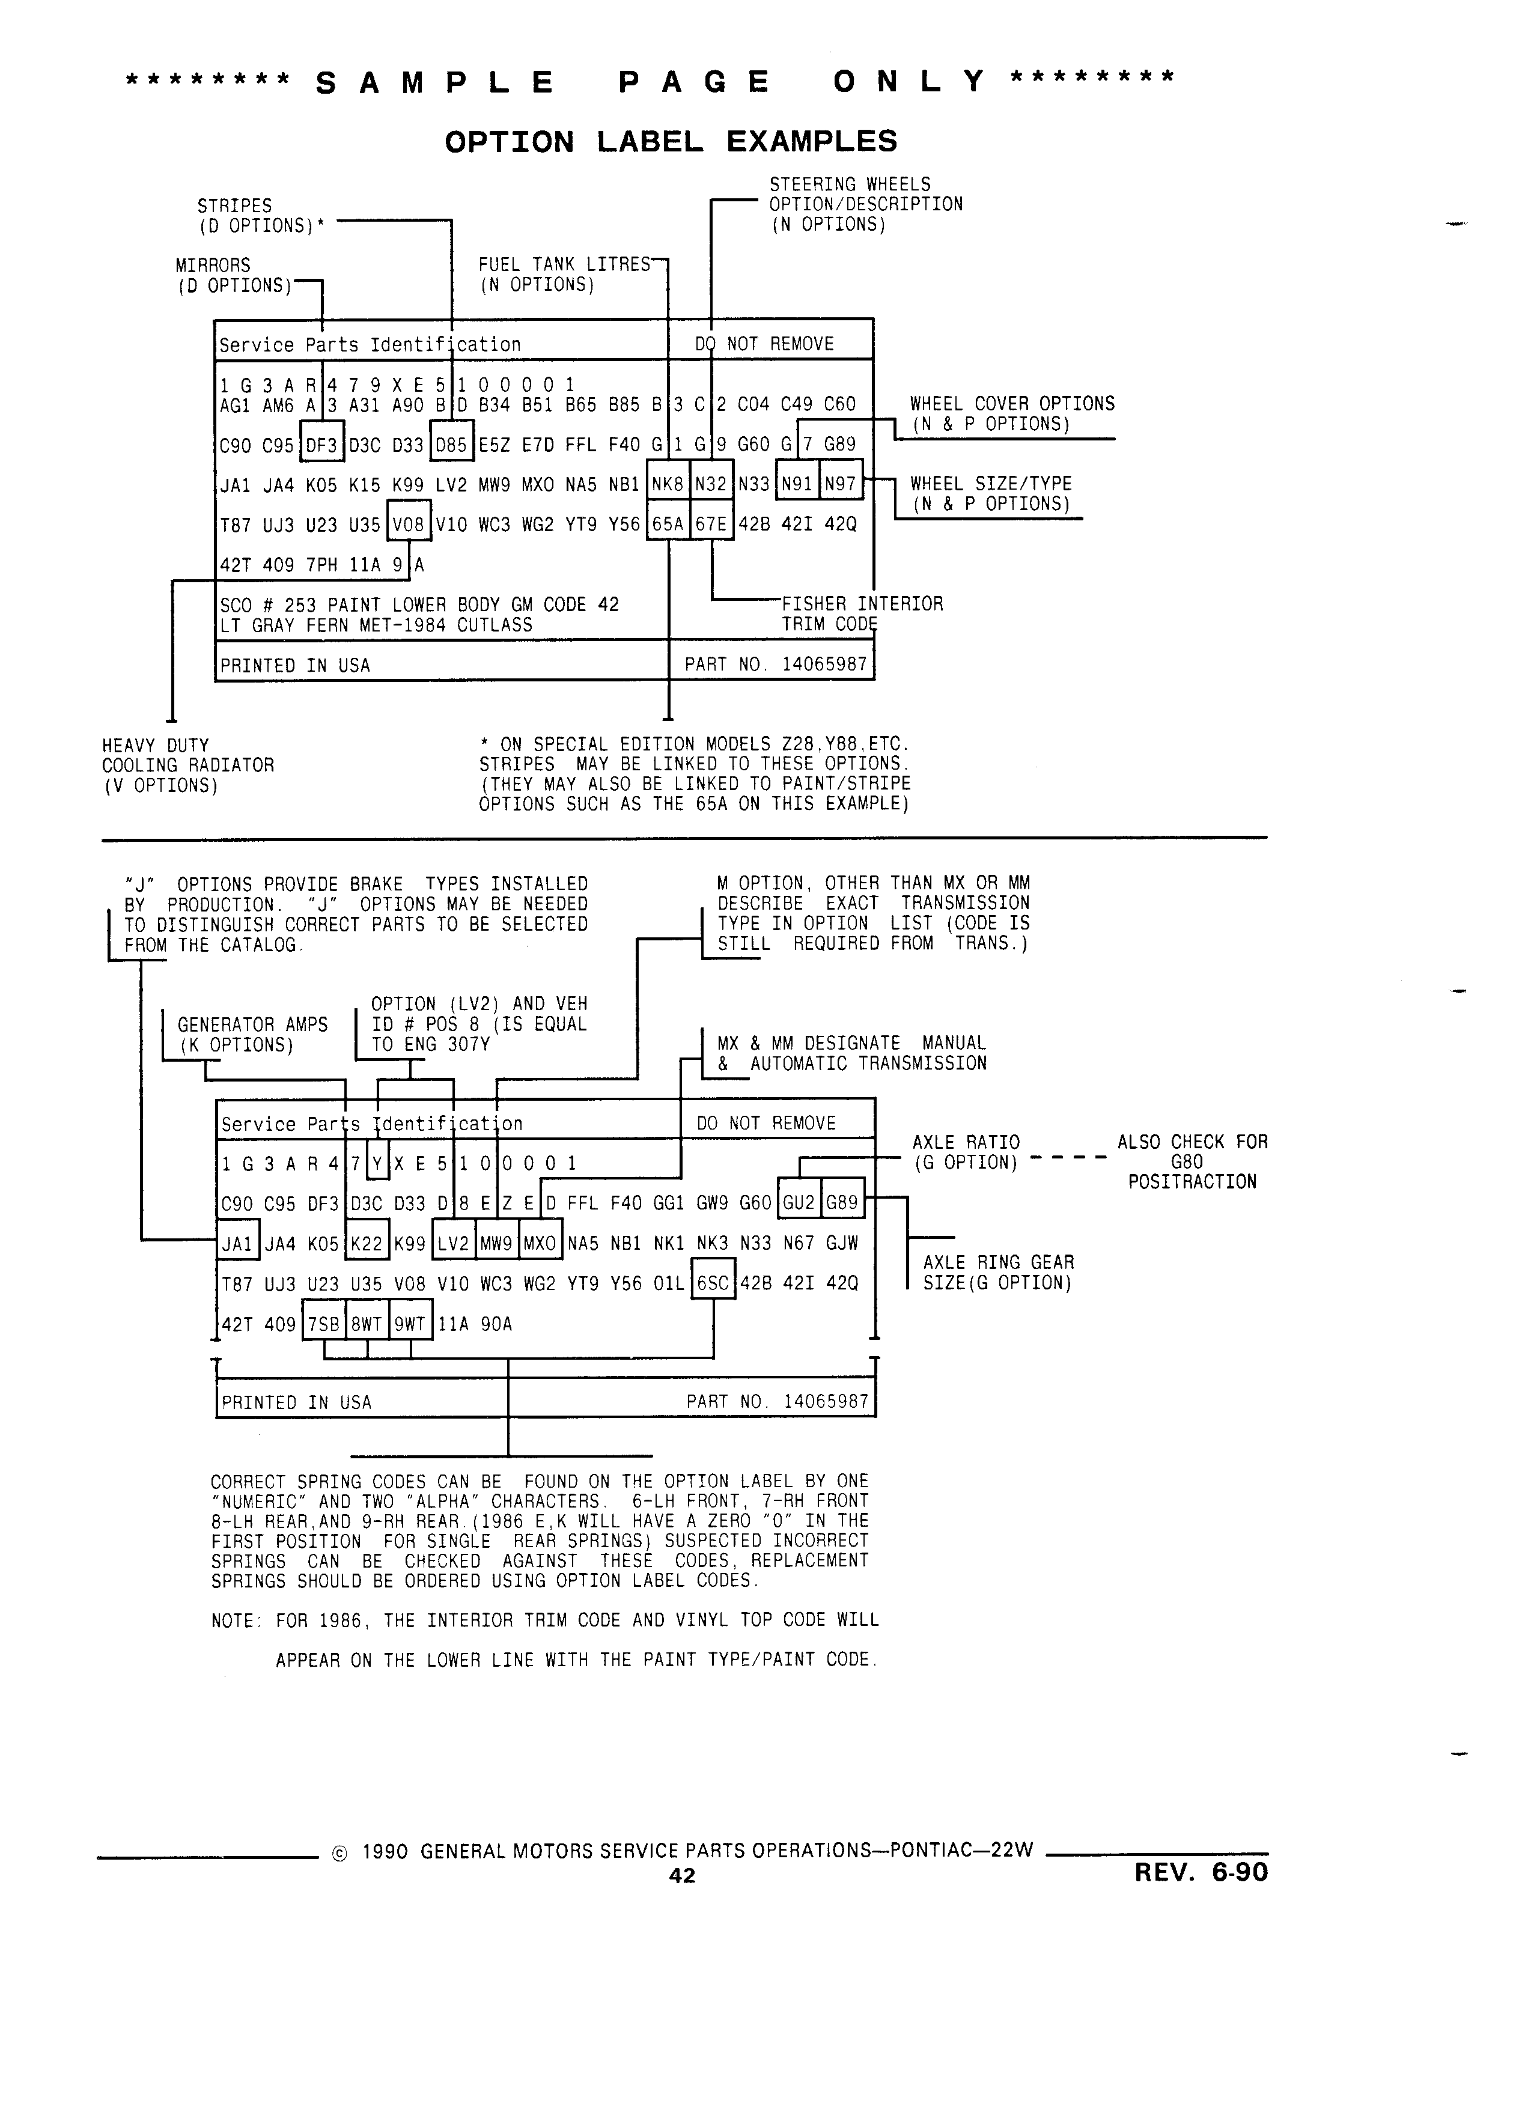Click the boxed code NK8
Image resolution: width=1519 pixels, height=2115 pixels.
668,484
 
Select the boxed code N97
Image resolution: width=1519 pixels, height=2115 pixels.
840,484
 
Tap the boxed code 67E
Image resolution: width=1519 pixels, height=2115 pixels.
711,524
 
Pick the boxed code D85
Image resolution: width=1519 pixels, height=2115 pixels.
451,445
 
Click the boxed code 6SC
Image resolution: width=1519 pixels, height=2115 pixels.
713,1283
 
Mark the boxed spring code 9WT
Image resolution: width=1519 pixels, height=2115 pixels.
410,1324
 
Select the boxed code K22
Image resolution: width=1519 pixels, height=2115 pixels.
367,1243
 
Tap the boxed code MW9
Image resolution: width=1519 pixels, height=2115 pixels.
496,1243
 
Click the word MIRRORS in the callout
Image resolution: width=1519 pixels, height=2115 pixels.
213,266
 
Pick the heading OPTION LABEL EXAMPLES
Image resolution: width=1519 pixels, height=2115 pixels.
671,142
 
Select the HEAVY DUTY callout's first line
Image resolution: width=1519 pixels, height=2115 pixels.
156,745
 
